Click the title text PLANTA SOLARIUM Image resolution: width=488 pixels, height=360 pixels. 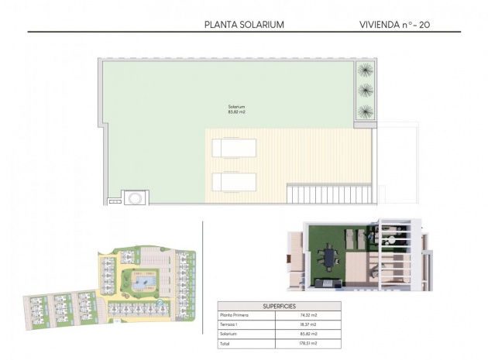[x=244, y=24]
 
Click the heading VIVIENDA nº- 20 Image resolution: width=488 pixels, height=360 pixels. [x=395, y=24]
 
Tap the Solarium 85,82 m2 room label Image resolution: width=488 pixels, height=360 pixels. [x=236, y=109]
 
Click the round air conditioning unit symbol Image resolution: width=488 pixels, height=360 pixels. [x=135, y=197]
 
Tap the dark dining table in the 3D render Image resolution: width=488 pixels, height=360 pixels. [x=330, y=256]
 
